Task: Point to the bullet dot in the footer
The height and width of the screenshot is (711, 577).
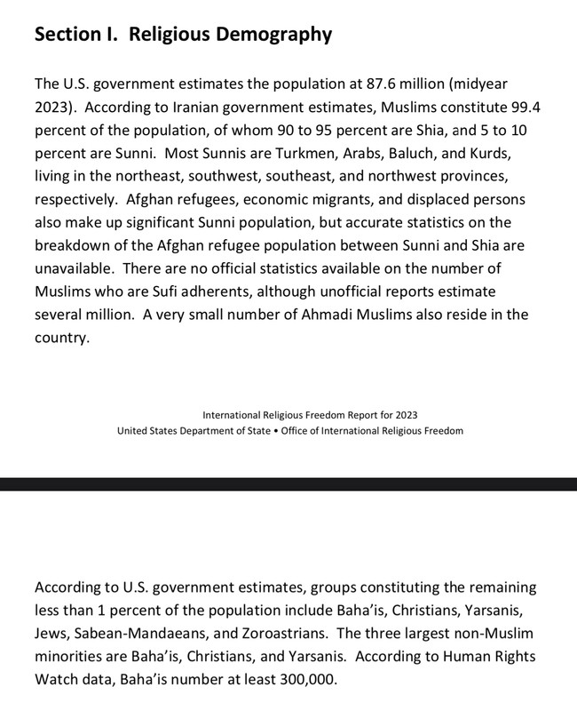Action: (274, 431)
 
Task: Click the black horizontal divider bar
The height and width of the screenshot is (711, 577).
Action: (288, 484)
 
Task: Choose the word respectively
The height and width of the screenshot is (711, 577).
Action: (76, 200)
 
